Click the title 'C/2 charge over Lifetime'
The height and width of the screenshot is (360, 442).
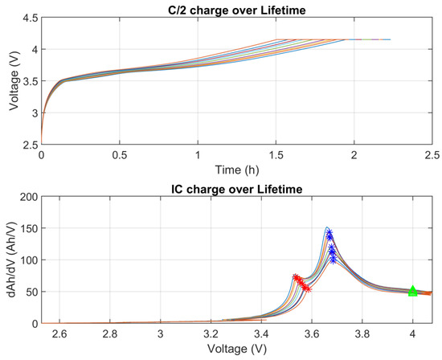pos(236,8)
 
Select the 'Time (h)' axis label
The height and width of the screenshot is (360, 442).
pos(236,170)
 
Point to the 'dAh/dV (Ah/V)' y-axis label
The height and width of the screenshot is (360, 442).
pos(9,259)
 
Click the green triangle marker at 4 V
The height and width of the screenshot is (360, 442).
pos(413,291)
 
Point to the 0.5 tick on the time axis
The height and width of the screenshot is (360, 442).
pos(120,155)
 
